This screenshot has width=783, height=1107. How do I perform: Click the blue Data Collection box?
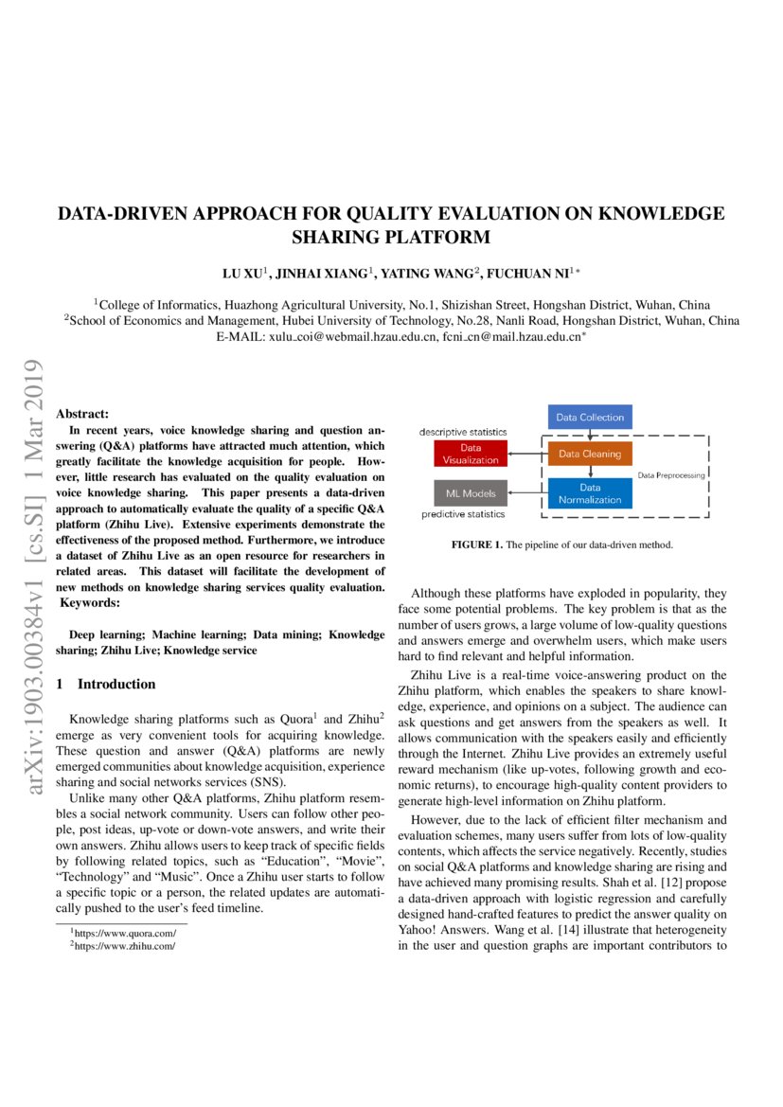[x=590, y=417]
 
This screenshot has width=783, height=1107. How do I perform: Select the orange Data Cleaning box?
[x=590, y=454]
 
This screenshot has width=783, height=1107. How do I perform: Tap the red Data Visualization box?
[x=471, y=454]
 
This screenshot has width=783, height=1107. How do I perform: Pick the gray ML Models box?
[x=471, y=492]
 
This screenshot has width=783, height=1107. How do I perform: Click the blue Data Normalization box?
[x=590, y=493]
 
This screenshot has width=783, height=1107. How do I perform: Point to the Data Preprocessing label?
[x=670, y=474]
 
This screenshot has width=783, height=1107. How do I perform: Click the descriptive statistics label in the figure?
[x=464, y=432]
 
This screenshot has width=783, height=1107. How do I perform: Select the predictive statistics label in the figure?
[x=463, y=514]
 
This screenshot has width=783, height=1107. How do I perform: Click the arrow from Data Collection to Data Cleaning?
[x=590, y=435]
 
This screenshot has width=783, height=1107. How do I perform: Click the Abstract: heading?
[x=82, y=414]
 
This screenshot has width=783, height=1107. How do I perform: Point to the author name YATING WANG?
[x=428, y=274]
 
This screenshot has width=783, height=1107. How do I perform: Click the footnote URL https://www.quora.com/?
[x=125, y=933]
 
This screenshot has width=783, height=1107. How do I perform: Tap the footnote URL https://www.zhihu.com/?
[x=125, y=945]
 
